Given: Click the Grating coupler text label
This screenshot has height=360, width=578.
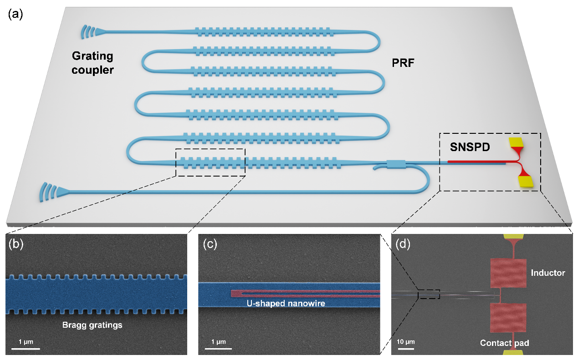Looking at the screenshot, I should [93, 64].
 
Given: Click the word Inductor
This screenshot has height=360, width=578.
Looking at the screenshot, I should [548, 273].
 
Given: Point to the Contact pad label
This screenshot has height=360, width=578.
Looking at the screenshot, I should [505, 343].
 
